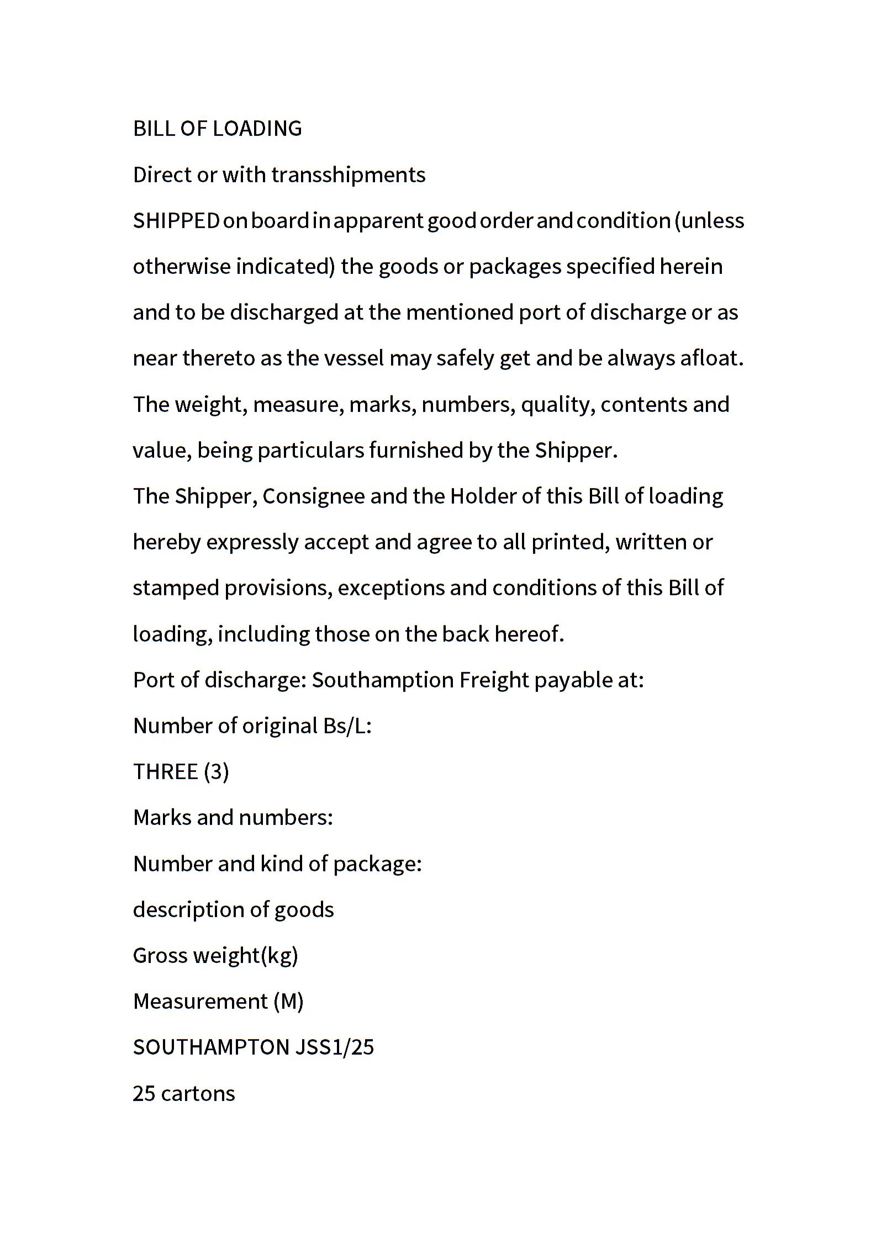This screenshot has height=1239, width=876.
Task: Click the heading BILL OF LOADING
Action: tap(218, 129)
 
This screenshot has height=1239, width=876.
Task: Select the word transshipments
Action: tap(348, 175)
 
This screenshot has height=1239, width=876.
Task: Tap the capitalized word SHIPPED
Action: tap(176, 221)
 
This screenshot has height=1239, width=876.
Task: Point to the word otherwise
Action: tap(181, 267)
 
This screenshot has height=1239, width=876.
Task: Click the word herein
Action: tap(691, 267)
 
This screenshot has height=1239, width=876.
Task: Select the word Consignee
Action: tap(313, 496)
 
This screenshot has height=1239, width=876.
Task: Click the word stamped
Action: tap(176, 588)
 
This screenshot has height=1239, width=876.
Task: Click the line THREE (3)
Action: tap(181, 771)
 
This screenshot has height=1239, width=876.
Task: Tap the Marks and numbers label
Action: tap(233, 817)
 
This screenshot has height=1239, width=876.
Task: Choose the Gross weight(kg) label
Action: tap(215, 955)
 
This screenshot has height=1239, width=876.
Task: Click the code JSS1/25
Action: tap(335, 1047)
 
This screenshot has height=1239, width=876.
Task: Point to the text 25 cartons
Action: tap(184, 1093)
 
